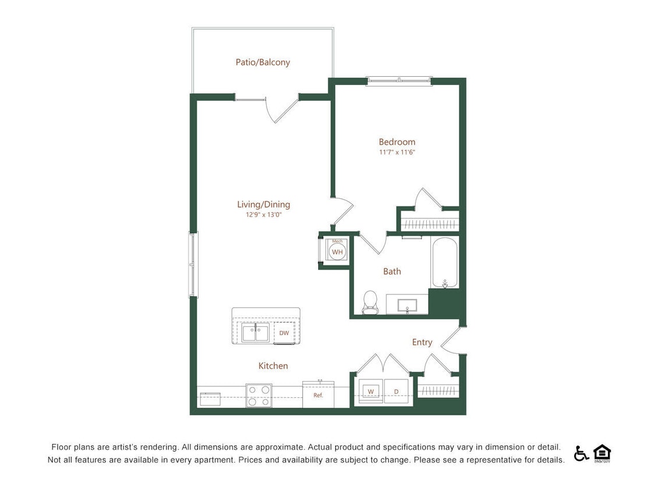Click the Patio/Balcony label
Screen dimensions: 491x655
pos(263,62)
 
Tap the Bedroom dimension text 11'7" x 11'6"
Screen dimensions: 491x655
pos(396,152)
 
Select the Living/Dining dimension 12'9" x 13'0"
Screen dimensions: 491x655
pos(263,215)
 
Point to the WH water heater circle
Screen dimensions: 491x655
pos(337,252)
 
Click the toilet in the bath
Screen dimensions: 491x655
pos(370,302)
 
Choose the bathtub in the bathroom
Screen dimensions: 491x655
pos(445,262)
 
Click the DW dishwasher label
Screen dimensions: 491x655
pos(284,333)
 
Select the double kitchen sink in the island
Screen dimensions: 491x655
pos(256,333)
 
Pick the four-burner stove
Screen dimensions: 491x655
pos(259,395)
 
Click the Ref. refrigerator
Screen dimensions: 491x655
pos(318,395)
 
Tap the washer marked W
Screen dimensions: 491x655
pos(370,392)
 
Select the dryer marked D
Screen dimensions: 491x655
pos(396,392)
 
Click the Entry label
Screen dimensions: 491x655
pos(422,342)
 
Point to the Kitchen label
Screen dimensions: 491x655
pos(273,366)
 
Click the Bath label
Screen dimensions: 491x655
pos(392,271)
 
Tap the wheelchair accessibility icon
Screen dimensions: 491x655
pos(581,453)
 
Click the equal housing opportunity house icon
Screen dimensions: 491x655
pos(601,453)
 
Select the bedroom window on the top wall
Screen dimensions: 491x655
pos(399,81)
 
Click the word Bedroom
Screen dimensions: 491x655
pos(397,142)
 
